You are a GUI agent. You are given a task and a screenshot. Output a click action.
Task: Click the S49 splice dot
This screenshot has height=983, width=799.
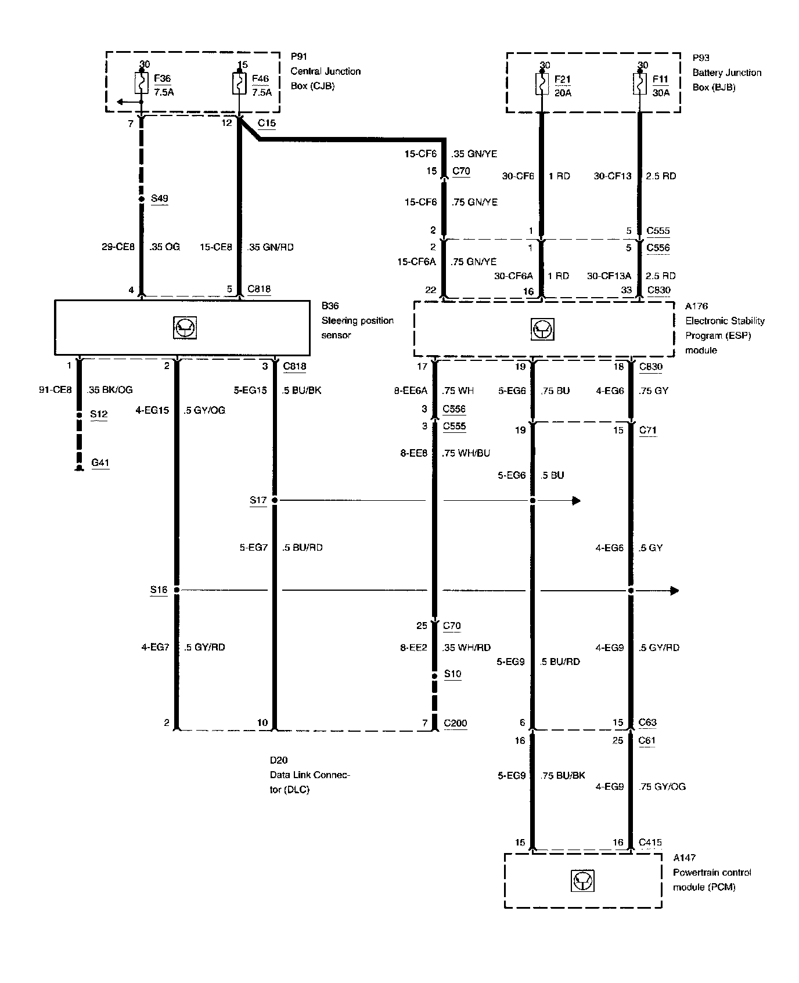(x=141, y=199)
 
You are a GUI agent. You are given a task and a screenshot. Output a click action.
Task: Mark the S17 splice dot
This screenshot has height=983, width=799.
(x=275, y=500)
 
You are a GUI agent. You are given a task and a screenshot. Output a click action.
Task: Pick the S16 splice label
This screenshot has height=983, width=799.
(x=159, y=590)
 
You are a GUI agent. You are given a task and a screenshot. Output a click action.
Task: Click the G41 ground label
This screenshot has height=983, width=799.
(x=100, y=463)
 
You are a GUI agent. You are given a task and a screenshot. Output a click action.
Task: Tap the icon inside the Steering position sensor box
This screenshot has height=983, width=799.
(x=185, y=328)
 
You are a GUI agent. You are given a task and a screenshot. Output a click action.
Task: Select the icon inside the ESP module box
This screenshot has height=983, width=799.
(x=542, y=329)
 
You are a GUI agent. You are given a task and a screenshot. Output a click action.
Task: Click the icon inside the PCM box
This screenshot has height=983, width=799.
(x=583, y=881)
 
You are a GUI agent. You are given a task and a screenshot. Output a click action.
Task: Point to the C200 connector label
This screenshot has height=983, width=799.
(x=455, y=723)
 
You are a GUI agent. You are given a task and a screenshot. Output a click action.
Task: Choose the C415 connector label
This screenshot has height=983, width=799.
(x=650, y=842)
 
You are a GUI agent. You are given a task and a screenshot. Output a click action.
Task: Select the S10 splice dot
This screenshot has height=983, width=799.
(x=434, y=675)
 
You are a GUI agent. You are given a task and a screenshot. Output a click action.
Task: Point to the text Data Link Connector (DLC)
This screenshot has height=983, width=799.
(x=309, y=775)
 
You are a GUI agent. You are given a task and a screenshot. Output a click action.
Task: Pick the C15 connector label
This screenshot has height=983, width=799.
(x=267, y=123)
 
